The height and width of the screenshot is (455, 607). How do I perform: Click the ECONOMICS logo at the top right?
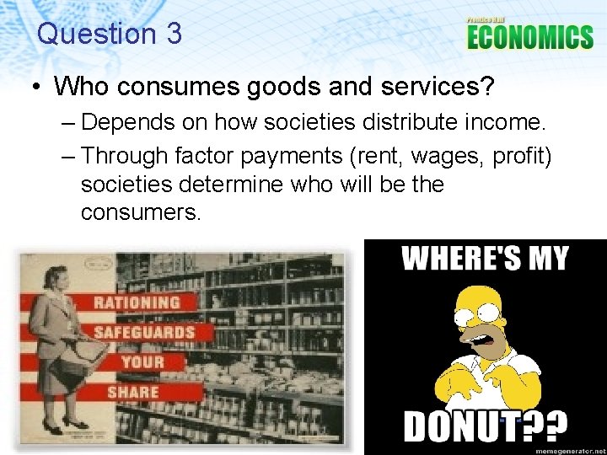coord(529,36)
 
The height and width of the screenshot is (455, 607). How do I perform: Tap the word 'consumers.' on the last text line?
coord(141,211)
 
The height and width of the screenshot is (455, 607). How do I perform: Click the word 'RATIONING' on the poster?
coord(137,302)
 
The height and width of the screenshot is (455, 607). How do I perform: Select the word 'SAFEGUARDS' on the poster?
coord(143,331)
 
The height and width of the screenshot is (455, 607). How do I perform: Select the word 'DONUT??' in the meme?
coord(485,426)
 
